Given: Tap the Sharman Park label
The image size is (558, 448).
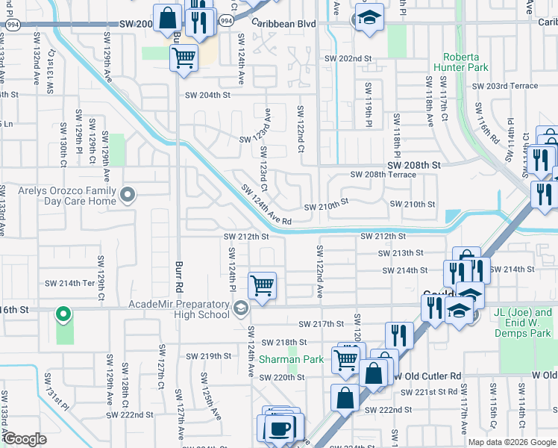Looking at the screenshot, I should point(291,359).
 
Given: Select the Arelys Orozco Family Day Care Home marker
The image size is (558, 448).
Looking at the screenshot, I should point(128,196).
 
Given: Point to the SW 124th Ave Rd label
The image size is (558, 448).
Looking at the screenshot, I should point(265,205).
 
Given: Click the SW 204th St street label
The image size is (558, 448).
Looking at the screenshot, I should point(208,95).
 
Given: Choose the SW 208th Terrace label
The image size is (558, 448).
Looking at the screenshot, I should point(383,174).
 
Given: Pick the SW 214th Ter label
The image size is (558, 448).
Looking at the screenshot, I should point(70,283).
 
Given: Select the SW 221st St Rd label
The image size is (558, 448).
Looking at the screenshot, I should point(428,392).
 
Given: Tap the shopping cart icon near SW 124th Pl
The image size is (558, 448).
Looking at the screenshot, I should point(262,285).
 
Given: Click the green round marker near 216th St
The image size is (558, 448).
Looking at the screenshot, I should point(63,314).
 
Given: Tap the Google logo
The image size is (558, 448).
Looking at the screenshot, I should point(25,439).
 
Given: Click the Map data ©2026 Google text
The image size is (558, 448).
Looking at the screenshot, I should point(511,442).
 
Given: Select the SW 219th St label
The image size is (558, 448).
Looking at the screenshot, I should point(210,356).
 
